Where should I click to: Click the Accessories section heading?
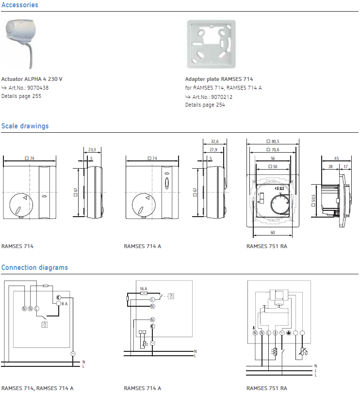pos(19,5)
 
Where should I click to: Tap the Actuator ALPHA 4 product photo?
pos(21,43)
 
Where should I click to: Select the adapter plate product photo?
pos(212,44)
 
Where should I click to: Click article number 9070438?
pos(38,88)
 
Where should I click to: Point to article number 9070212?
pos(222,97)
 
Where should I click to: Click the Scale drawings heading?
pos(25,126)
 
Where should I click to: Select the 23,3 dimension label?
pos(92,150)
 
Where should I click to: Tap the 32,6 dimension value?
pos(214,142)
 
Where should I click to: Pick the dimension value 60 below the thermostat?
pos(273,233)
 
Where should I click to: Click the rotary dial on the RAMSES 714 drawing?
pos(21,205)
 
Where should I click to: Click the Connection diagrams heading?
pos(34,268)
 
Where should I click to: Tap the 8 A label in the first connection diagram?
pos(65,304)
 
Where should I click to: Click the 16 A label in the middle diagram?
pos(144,289)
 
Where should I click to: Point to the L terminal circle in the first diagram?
pos(37,309)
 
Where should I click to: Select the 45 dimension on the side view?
pos(337,158)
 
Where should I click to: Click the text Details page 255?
pos(21,96)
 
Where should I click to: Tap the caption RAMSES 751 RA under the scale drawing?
pos(267,246)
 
